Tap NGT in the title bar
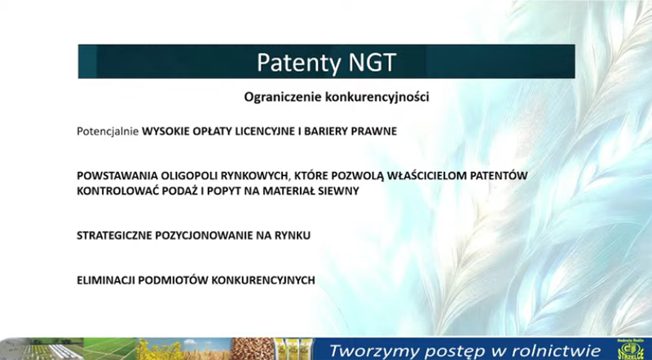coord(372,62)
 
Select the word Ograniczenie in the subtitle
coord(283,97)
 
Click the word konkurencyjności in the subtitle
coord(377,97)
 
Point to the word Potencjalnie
coord(108,131)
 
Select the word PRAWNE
coord(374,131)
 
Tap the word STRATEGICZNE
coord(114,235)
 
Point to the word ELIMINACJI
coord(106,280)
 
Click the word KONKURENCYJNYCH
coord(263,280)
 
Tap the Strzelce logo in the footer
coord(631,349)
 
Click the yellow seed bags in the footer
coord(293,349)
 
